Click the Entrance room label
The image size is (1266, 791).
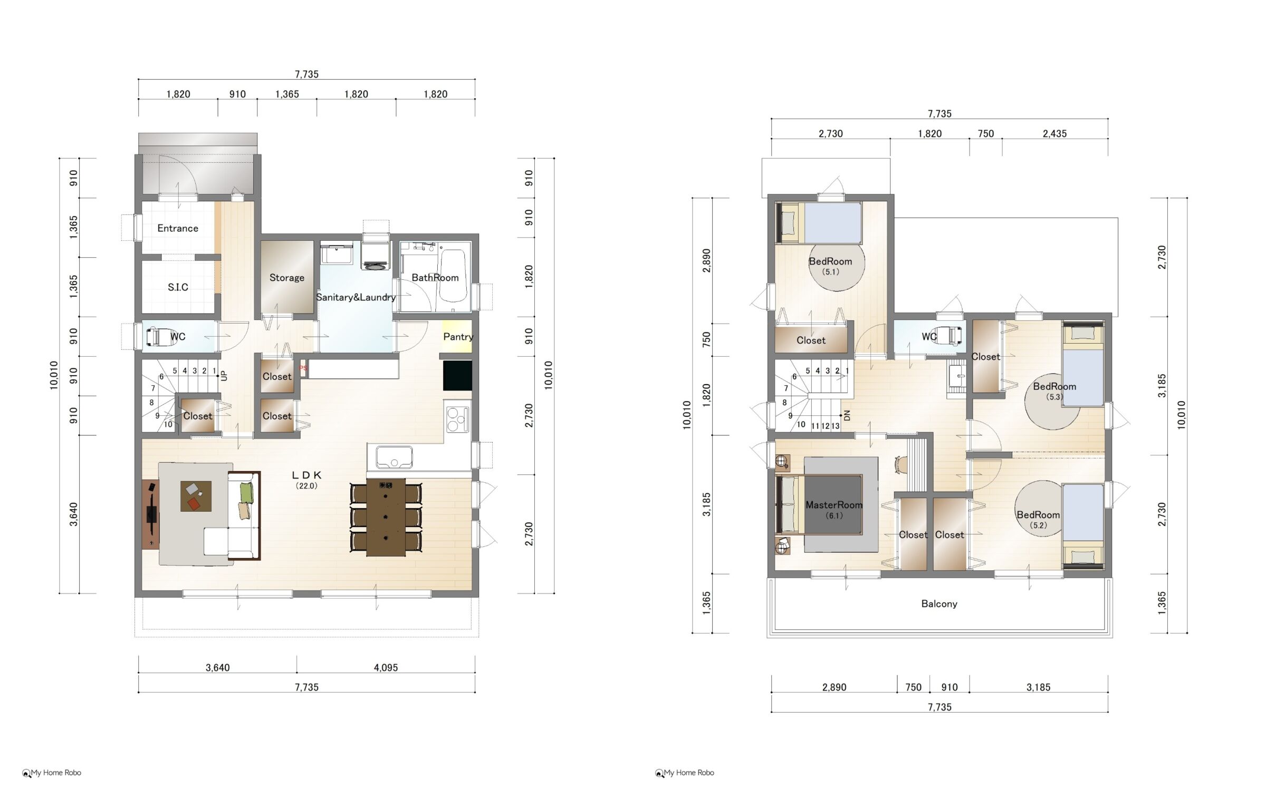tap(178, 228)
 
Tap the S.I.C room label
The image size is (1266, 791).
tap(178, 287)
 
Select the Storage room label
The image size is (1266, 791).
tap(287, 278)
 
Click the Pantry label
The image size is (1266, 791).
tap(458, 337)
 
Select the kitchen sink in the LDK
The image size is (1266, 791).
tap(394, 457)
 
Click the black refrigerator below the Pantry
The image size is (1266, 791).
tap(457, 376)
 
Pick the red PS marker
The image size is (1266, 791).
tap(303, 368)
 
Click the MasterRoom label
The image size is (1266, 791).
tap(834, 505)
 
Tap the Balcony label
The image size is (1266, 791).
tap(939, 604)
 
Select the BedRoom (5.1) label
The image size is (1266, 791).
tap(830, 266)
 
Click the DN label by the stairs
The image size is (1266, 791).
tap(847, 415)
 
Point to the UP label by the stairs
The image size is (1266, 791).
tap(224, 376)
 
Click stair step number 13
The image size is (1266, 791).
tap(835, 426)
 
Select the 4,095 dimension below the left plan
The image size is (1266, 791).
tap(386, 668)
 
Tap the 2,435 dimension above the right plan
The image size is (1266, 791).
tap(1054, 134)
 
